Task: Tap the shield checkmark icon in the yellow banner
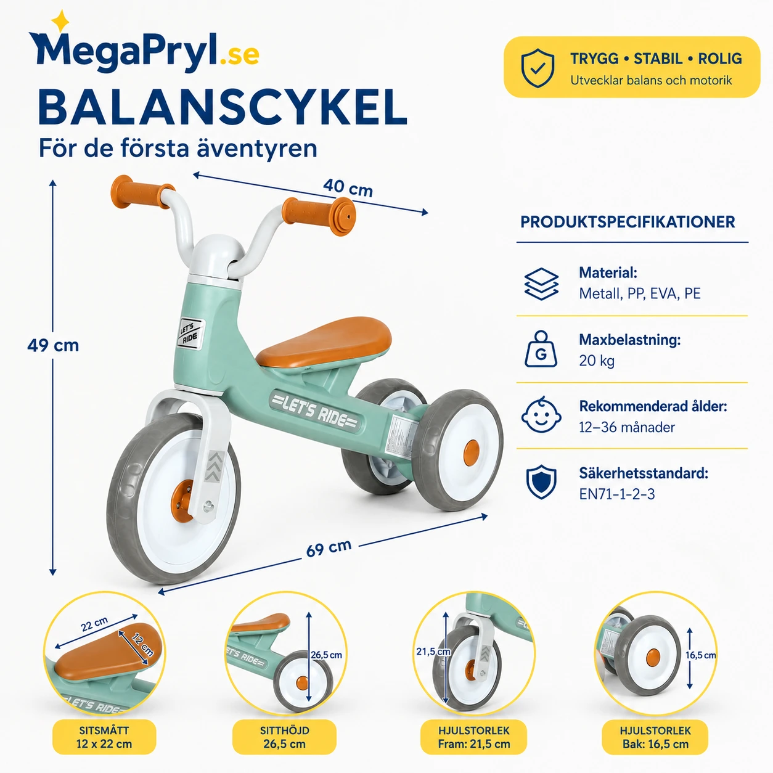tap(538, 68)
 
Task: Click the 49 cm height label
tap(53, 345)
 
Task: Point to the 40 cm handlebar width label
tap(348, 188)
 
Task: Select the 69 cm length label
tap(329, 548)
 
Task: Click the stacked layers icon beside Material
tap(541, 284)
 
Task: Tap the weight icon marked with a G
tap(541, 349)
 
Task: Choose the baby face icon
tap(541, 415)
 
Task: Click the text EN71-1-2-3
tap(616, 494)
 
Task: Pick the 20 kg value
tap(597, 361)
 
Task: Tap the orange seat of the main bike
tap(324, 342)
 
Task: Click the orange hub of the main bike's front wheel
tap(182, 501)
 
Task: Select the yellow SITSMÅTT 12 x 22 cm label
tap(104, 737)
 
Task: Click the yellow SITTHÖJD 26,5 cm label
tap(284, 737)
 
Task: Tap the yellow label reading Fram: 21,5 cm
tap(474, 737)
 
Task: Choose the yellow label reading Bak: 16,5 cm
tap(655, 737)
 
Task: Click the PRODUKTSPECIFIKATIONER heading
tap(628, 222)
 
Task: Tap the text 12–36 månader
tap(626, 427)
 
